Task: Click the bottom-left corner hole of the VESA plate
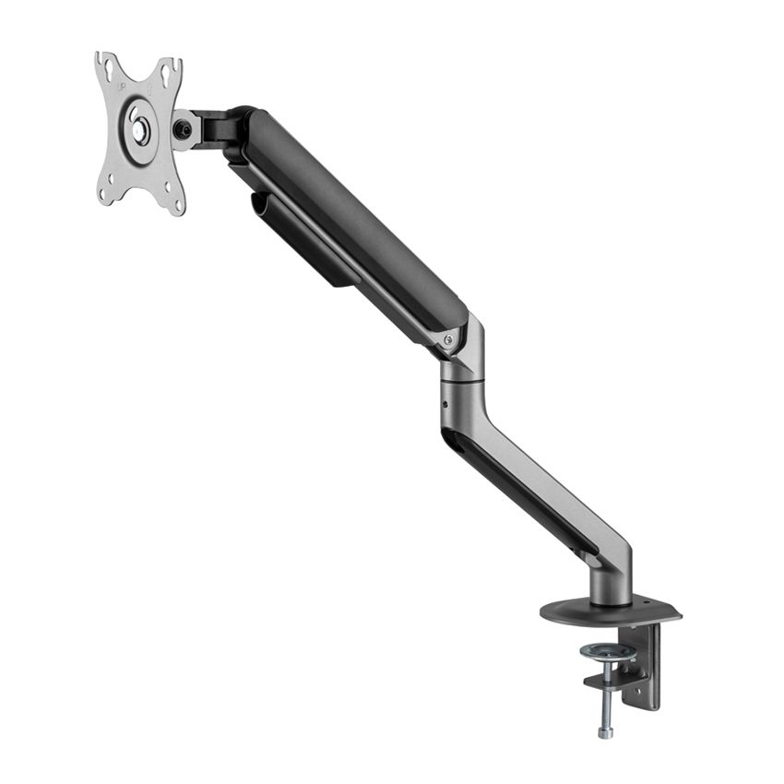click(108, 191)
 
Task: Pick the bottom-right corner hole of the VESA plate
click(169, 196)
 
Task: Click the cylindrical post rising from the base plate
click(612, 586)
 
